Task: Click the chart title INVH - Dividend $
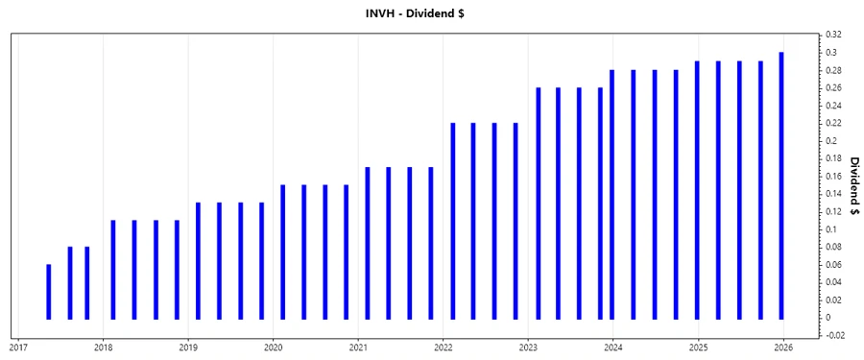(431, 13)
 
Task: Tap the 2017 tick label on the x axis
(18, 348)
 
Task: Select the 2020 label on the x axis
(274, 348)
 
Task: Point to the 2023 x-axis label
(528, 348)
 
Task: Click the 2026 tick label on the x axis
(782, 348)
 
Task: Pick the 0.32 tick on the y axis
(831, 35)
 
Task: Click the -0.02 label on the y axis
(832, 335)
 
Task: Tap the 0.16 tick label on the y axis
(831, 176)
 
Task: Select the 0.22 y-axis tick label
(831, 123)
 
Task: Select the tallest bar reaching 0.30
(781, 185)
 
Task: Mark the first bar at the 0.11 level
(113, 270)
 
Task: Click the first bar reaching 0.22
(452, 221)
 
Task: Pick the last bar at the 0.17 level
(431, 243)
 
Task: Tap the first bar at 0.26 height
(538, 203)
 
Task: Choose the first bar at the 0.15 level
(282, 252)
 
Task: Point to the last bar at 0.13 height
(261, 260)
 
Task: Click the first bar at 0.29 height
(697, 189)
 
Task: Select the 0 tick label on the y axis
(828, 318)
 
